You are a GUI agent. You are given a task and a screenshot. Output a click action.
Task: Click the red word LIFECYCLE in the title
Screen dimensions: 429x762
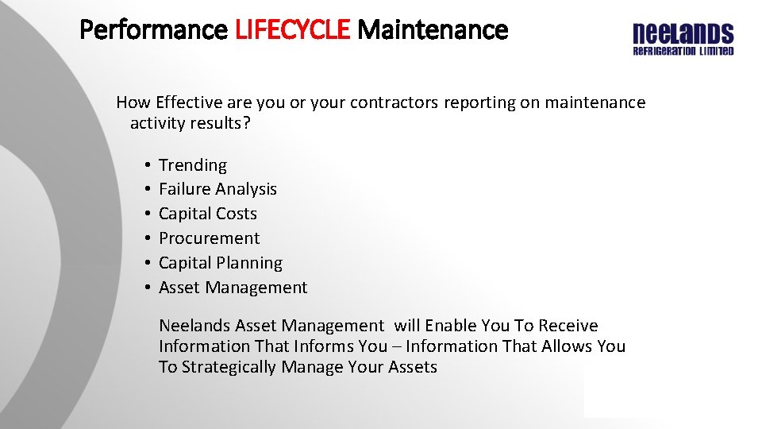click(x=292, y=30)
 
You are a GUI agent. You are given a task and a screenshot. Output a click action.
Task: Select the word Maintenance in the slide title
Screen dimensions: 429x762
click(x=433, y=30)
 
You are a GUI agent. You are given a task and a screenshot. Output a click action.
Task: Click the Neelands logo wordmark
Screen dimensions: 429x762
click(x=683, y=34)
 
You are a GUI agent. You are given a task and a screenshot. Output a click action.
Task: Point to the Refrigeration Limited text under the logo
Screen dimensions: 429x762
click(x=683, y=51)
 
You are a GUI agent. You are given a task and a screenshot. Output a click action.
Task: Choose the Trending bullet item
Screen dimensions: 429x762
click(x=193, y=165)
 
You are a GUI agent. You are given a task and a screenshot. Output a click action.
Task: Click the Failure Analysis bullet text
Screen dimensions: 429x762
click(x=217, y=189)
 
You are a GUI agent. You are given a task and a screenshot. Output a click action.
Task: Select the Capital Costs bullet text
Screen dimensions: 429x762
click(x=208, y=214)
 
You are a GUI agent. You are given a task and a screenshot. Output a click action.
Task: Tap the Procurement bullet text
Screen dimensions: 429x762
click(x=209, y=238)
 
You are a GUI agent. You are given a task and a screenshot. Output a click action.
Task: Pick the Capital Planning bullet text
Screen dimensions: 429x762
click(x=220, y=263)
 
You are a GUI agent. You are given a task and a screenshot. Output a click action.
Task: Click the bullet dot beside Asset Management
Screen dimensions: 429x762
click(x=148, y=288)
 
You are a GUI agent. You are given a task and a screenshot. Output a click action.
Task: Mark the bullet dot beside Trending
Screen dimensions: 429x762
click(x=148, y=165)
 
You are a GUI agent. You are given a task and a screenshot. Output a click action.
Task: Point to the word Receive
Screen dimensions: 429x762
click(x=568, y=326)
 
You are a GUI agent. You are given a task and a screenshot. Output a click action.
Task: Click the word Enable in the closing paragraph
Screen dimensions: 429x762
click(x=451, y=326)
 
